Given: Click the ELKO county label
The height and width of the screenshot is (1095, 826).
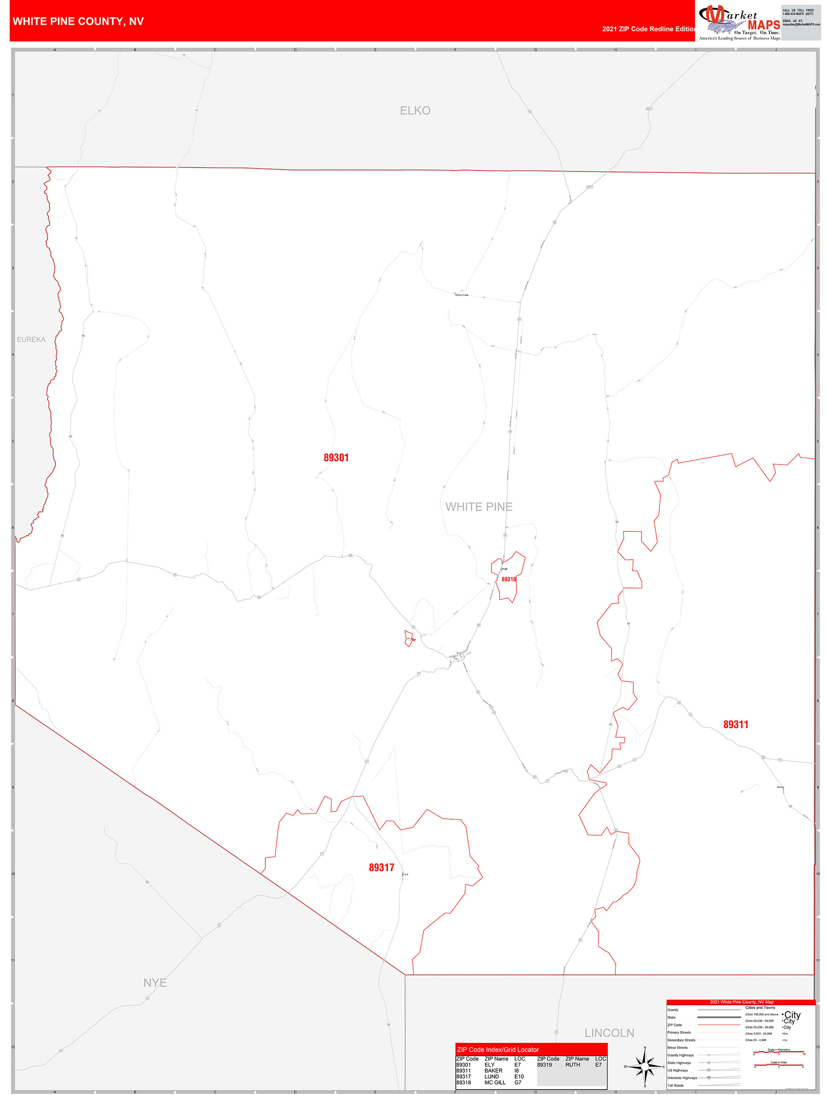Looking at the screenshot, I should (x=415, y=110).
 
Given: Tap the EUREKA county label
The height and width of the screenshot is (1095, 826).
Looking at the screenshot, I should (x=31, y=339).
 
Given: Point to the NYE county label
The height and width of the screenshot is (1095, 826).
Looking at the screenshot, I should (x=155, y=983).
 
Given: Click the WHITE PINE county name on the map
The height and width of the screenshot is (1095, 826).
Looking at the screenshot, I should (x=479, y=506).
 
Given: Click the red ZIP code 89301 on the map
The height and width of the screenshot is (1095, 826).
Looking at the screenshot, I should (x=336, y=457).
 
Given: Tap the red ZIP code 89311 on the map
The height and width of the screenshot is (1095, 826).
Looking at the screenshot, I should (x=735, y=724).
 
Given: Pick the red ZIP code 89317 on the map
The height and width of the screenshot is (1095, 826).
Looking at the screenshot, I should (x=381, y=867).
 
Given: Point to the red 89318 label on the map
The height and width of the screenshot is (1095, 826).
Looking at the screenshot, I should (x=508, y=579).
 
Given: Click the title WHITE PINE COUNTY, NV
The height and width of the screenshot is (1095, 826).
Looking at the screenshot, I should (x=78, y=21).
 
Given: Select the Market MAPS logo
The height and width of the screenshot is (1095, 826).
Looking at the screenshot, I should (x=739, y=22).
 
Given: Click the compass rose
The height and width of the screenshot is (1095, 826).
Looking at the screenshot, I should (x=645, y=1066).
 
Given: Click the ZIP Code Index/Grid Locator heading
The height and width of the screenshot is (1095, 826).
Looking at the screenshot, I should (x=498, y=1050).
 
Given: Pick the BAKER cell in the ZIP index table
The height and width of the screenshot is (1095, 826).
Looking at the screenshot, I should (x=493, y=1071).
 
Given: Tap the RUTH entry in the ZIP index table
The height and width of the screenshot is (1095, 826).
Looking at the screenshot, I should (x=572, y=1065).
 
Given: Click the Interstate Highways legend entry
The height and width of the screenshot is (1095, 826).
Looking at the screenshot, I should (x=682, y=1078).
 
